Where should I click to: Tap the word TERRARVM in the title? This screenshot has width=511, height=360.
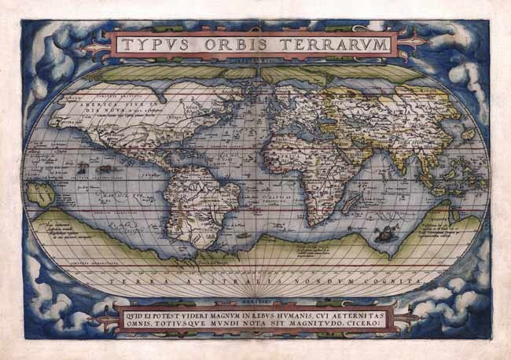pyautogui.click(x=329, y=45)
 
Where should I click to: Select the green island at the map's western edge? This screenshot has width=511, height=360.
pyautogui.click(x=34, y=189)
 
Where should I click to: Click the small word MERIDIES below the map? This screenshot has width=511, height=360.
pyautogui.click(x=255, y=297)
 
